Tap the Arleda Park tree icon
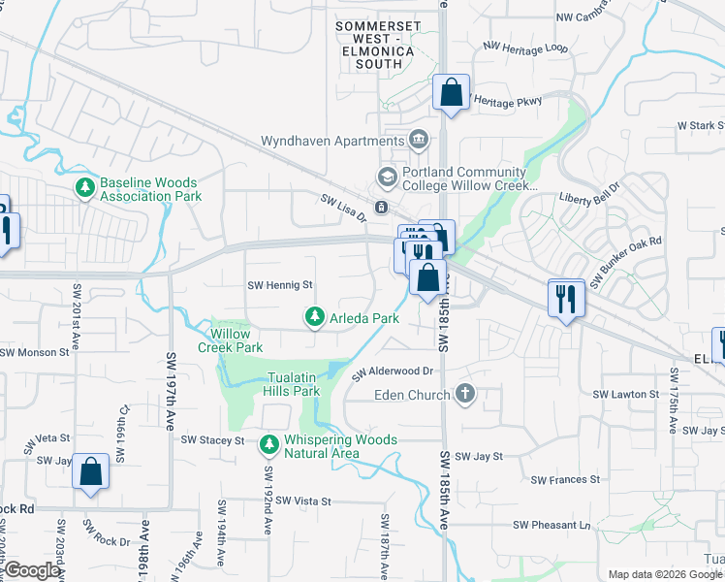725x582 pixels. pyautogui.click(x=314, y=317)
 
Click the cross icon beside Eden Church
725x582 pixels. pyautogui.click(x=465, y=395)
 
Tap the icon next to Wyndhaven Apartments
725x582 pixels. pyautogui.click(x=419, y=141)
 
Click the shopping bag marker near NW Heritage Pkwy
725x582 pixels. pyautogui.click(x=451, y=94)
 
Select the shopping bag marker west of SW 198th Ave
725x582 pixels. pyautogui.click(x=90, y=472)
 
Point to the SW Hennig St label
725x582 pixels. pyautogui.click(x=280, y=285)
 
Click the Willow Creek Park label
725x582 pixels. pyautogui.click(x=231, y=340)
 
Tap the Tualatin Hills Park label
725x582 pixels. pyautogui.click(x=291, y=384)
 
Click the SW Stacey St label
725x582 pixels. pyautogui.click(x=212, y=440)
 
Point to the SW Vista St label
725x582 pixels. pyautogui.click(x=303, y=501)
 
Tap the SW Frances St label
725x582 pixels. pyautogui.click(x=565, y=479)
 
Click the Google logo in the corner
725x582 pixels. pyautogui.click(x=32, y=570)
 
